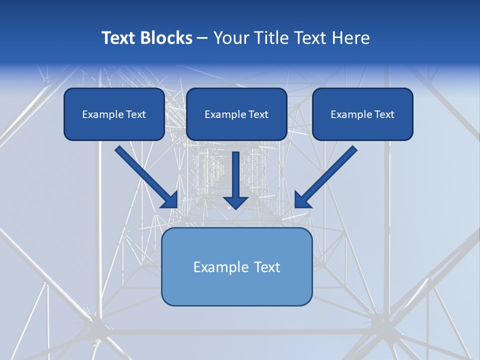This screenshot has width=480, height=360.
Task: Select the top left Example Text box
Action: tap(114, 114)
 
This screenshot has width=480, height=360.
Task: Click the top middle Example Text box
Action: tap(236, 114)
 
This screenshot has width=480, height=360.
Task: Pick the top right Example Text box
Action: tap(362, 114)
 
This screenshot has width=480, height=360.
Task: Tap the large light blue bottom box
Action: tap(236, 266)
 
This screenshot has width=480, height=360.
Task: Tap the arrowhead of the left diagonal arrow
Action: tap(170, 200)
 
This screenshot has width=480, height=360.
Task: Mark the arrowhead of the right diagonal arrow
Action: tap(302, 200)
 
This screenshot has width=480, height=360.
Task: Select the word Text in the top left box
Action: tap(136, 114)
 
